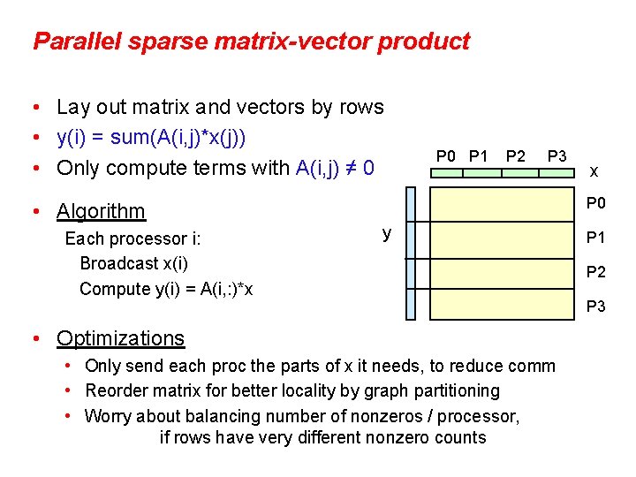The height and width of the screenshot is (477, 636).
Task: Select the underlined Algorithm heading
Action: point(101,211)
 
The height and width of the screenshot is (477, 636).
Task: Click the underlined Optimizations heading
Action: point(120,338)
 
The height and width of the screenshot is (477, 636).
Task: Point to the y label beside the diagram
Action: point(387,233)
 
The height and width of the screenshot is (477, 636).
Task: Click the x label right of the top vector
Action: point(594,170)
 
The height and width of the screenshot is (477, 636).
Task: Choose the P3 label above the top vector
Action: point(556,156)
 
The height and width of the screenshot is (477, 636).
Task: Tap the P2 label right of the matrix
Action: point(596,272)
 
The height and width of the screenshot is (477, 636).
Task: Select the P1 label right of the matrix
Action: point(596,238)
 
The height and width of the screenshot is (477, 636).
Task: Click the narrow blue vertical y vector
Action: point(410,254)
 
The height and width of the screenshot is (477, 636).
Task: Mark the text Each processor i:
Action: point(133,238)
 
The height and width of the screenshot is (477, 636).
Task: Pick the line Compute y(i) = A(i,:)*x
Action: point(166,289)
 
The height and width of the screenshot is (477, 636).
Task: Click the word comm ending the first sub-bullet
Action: point(534,366)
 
